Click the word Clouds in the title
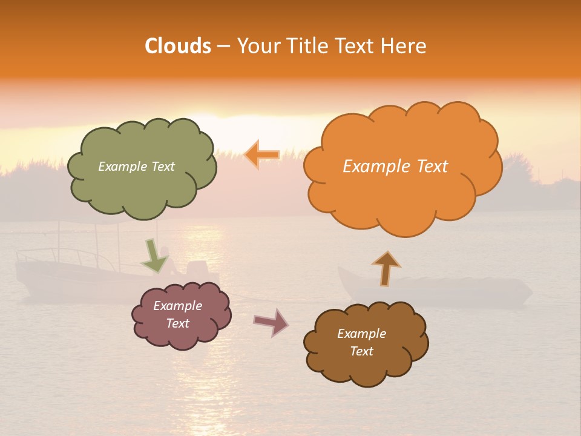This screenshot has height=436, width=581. click(x=178, y=46)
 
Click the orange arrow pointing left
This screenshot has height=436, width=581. click(x=261, y=155)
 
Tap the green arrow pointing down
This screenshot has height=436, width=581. click(x=154, y=256)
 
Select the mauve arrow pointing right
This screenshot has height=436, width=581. click(x=271, y=322)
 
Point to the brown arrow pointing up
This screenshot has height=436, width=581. click(x=386, y=268)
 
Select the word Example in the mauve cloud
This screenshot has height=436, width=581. click(x=177, y=306)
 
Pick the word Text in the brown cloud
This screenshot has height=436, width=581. click(x=361, y=351)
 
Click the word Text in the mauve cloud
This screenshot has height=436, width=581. click(x=177, y=323)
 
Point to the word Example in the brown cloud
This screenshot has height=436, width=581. click(x=361, y=334)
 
